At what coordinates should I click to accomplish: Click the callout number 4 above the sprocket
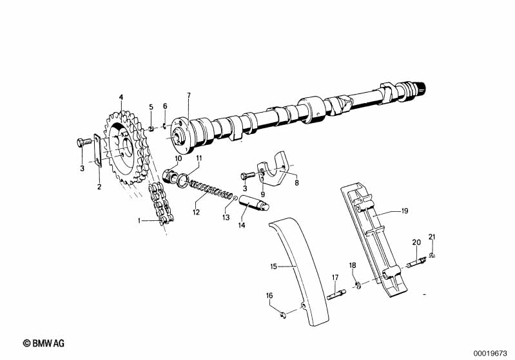(120, 97)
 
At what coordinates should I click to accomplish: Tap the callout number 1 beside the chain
(139, 220)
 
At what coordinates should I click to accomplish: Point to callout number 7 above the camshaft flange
(189, 96)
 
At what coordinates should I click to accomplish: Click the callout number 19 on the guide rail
(405, 211)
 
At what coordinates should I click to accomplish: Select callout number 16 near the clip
(269, 295)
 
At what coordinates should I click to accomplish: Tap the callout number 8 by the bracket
(296, 183)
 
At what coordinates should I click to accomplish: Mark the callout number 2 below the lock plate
(99, 187)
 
